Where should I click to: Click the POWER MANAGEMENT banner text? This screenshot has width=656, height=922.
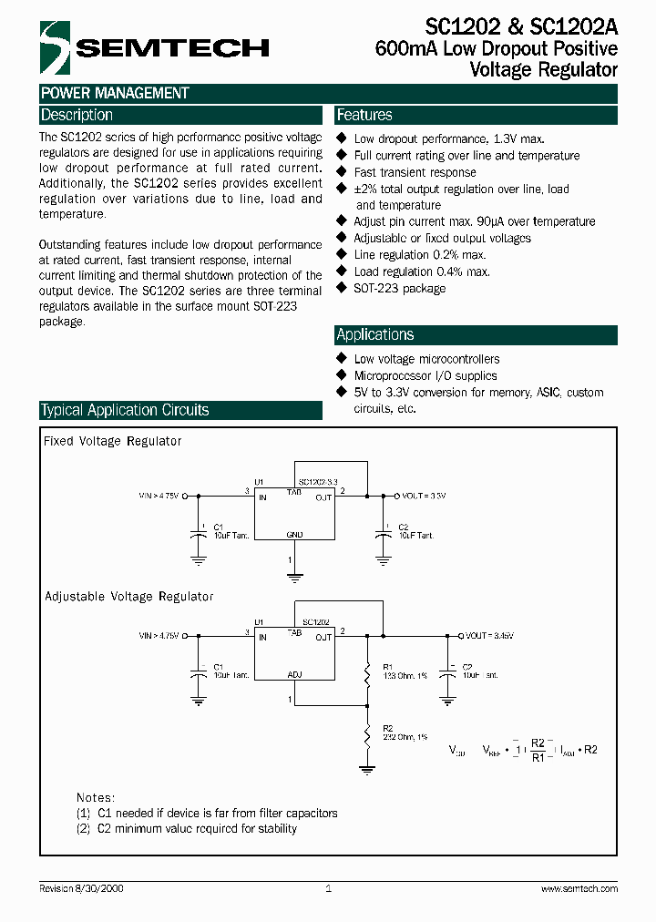pos(115,93)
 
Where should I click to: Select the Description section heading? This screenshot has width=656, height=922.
pos(77,116)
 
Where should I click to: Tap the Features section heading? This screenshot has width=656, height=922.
pos(364,116)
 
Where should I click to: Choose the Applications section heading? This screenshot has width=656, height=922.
pos(375,334)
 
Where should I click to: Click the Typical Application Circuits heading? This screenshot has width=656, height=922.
pos(126,410)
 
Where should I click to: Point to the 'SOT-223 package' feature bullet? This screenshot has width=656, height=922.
pos(399,289)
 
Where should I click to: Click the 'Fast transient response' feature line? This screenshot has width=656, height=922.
pos(415,172)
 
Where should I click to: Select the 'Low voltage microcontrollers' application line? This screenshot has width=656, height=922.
pos(426,359)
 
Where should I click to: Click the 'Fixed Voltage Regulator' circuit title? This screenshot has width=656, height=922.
pos(113,441)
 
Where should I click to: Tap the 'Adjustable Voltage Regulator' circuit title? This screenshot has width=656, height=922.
pos(129,597)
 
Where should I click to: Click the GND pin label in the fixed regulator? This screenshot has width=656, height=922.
pos(294,535)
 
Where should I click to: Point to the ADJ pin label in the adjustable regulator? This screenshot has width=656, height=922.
pos(294,675)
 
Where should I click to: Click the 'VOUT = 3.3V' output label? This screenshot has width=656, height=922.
pos(424,496)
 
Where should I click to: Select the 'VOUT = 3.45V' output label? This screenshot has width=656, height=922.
pos(489,636)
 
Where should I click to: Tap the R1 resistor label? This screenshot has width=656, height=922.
pos(387,666)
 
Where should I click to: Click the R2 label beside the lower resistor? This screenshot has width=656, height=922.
pos(387,728)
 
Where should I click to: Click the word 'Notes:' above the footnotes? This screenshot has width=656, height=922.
pos(96,797)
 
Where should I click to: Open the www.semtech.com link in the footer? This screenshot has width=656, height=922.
pos(579,888)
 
